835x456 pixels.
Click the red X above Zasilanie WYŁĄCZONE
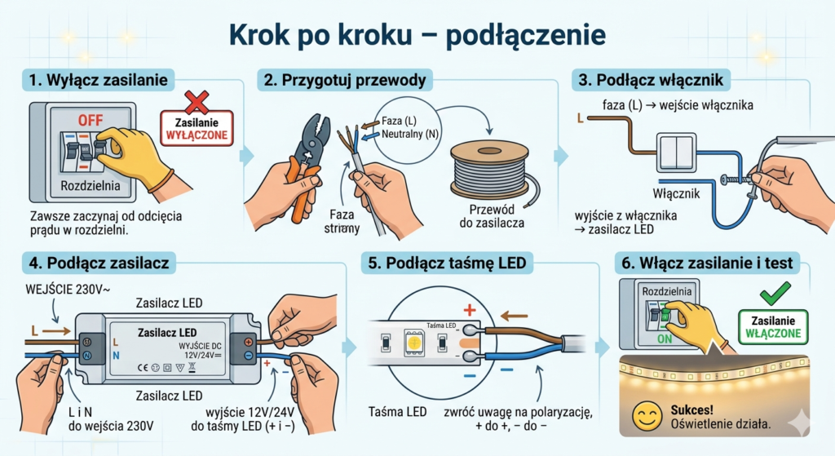click(197, 102)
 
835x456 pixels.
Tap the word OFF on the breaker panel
click(91, 121)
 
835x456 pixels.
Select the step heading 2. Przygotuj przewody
click(345, 80)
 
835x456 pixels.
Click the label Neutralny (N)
click(410, 134)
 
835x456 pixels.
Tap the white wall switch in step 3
click(676, 153)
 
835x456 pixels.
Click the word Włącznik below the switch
click(676, 193)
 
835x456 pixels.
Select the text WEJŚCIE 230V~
click(68, 290)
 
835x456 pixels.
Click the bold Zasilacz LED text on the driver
click(167, 333)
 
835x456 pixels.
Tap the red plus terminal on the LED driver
click(248, 342)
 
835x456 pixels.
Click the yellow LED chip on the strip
click(414, 343)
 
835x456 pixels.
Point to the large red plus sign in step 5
click(469, 309)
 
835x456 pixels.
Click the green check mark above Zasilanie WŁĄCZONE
click(775, 294)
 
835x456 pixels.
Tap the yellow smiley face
click(647, 417)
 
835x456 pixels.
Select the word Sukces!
click(691, 410)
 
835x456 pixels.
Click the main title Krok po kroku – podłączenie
click(417, 34)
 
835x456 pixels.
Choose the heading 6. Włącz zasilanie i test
click(707, 263)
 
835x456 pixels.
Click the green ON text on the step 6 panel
click(665, 339)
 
